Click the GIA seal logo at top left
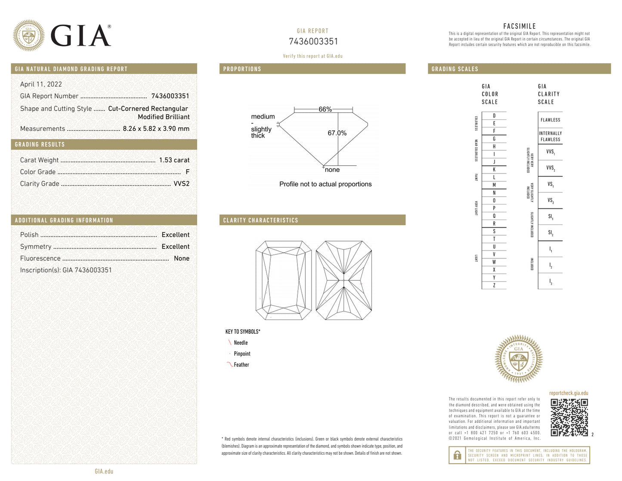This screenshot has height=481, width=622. coord(28,35)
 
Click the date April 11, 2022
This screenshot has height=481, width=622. coord(41,84)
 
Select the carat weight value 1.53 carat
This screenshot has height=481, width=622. coord(174,160)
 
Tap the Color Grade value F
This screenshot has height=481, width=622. coord(187,172)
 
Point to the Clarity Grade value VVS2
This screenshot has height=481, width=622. coord(181,183)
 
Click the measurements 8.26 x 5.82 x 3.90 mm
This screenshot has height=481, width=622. coord(156,129)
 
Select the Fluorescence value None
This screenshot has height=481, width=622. coord(181,258)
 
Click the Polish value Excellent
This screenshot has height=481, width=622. coord(175,235)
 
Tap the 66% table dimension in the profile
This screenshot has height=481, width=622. coord(325,109)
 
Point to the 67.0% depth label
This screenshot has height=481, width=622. coord(337,133)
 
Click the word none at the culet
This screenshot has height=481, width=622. coord(332,170)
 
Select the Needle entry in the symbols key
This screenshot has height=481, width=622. coord(240,343)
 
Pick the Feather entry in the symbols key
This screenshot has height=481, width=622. coord(241,365)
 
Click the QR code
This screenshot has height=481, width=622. coord(569,417)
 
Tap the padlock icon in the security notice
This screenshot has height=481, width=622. coord(457,455)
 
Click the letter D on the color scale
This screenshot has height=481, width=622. coord(494,116)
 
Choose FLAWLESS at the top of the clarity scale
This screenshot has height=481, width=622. coord(550,120)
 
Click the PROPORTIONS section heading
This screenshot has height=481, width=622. coord(242,69)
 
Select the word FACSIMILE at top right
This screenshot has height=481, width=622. coord(519,26)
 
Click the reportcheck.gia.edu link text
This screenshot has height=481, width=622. coord(568,393)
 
